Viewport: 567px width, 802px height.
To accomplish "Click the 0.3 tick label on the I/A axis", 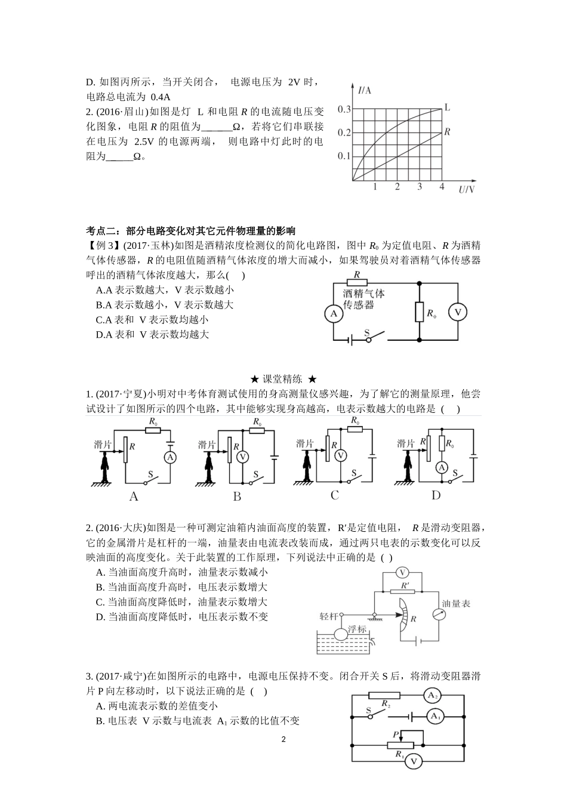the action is pos(344,109).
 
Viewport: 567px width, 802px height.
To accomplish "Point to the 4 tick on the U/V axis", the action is pos(442,187).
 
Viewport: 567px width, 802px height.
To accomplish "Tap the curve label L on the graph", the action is pos(447,108).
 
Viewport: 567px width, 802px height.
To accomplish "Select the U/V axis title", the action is pos(467,190).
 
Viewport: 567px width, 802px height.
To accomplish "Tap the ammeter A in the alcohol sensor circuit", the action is pos(333,313).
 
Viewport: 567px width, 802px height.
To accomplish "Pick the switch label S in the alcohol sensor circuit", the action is pos(367,332).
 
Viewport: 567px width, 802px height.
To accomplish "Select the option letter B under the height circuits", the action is pos(237,496).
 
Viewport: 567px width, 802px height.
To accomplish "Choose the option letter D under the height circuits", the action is pos(436,495).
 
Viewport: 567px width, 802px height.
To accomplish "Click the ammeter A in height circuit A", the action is pos(170,458).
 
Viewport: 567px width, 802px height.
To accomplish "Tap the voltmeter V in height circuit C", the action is pos(340,455).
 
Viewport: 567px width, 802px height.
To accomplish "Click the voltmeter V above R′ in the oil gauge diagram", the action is pos(405,572).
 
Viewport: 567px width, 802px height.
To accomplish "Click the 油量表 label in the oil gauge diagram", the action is pos(456,603).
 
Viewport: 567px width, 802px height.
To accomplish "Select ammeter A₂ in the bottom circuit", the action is pos(432,695).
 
